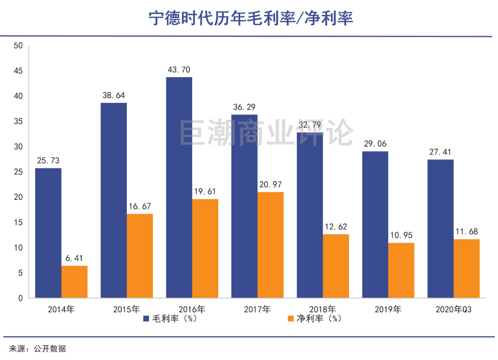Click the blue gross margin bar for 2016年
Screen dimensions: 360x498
click(x=179, y=187)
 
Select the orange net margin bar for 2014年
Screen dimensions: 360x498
click(x=74, y=282)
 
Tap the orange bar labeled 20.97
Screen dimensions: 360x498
click(x=270, y=245)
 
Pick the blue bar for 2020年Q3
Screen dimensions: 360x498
click(x=440, y=228)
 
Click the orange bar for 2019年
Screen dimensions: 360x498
click(x=401, y=270)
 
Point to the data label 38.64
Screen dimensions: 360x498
click(x=113, y=96)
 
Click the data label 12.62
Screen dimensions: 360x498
click(x=336, y=227)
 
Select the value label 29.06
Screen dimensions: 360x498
click(x=375, y=144)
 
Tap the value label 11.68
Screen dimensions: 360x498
click(x=466, y=232)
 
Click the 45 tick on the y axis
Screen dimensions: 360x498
click(x=18, y=71)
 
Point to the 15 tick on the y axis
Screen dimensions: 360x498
click(x=18, y=222)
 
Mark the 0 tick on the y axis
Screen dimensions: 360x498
click(x=20, y=298)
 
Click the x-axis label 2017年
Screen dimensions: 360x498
click(x=257, y=310)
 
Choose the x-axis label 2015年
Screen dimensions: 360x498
click(x=126, y=310)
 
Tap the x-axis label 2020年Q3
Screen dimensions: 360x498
click(x=454, y=310)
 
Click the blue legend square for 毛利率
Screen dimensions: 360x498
click(x=145, y=319)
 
